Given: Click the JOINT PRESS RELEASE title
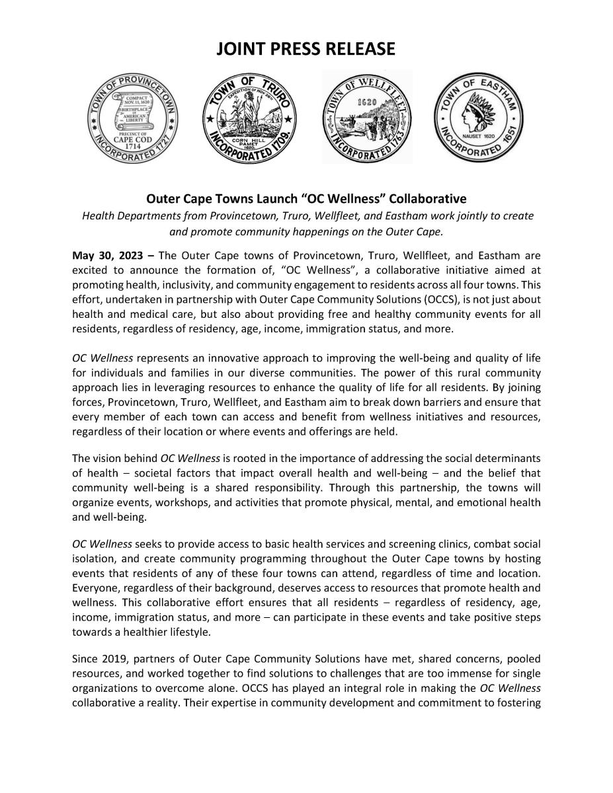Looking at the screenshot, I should [306, 49].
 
